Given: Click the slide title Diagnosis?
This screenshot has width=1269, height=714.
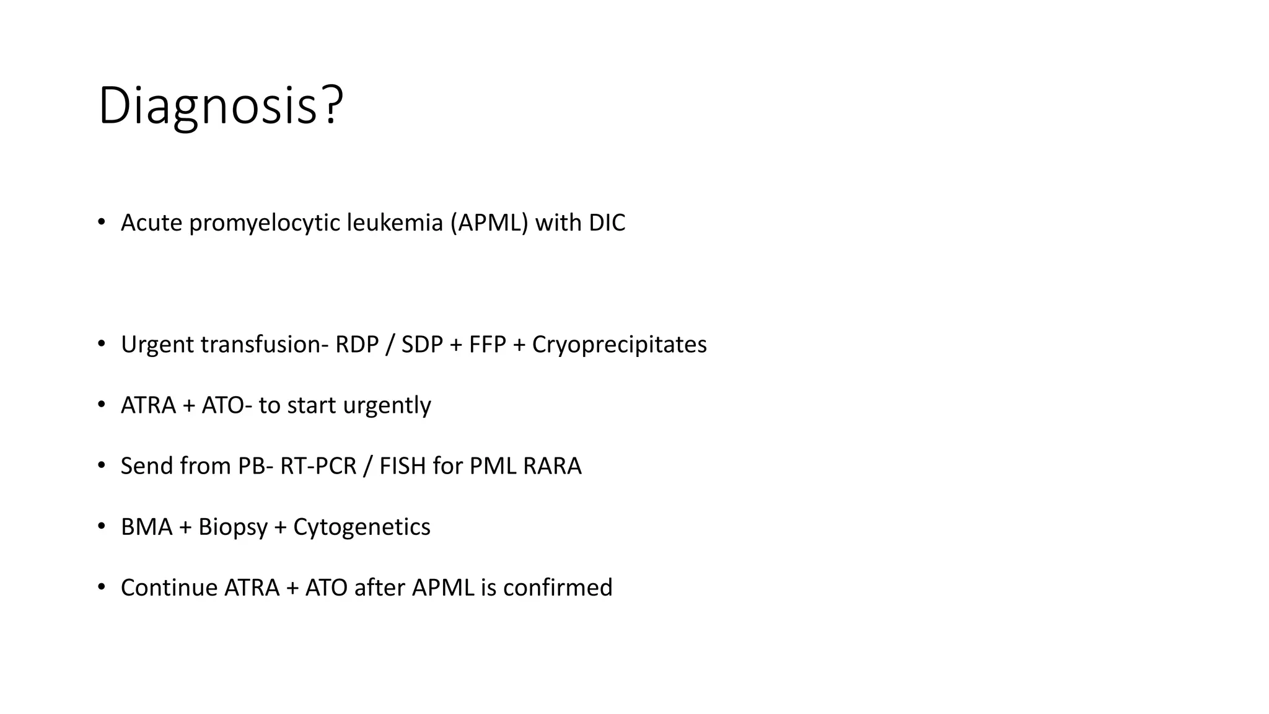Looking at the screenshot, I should click(221, 106).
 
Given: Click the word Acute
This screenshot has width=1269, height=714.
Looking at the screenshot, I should click(151, 223).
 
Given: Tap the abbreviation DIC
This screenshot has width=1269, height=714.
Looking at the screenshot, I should click(607, 223).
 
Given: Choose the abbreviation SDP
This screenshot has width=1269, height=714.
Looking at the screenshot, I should click(422, 345).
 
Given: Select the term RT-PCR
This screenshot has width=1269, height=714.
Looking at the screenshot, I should click(318, 466).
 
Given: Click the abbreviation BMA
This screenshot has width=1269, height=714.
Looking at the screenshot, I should click(146, 527).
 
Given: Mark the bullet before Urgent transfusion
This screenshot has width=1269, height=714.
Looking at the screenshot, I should click(102, 343).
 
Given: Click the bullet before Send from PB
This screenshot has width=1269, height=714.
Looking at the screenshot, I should click(102, 465).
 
